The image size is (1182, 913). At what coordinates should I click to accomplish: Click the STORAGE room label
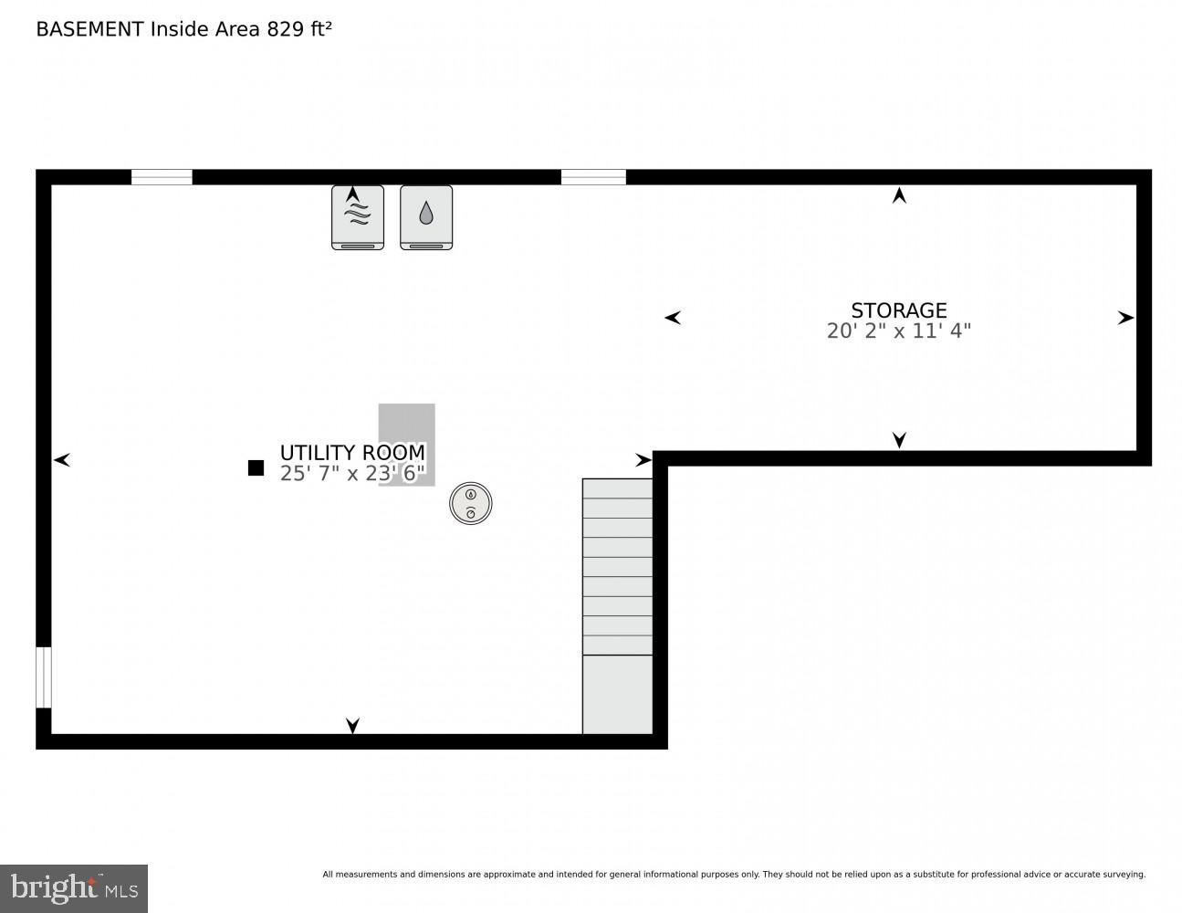tap(898, 310)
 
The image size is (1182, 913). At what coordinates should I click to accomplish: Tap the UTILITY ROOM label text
tap(352, 453)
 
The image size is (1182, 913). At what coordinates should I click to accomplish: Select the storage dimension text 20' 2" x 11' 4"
tap(898, 331)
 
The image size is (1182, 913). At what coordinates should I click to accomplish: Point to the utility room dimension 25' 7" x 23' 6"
tap(352, 474)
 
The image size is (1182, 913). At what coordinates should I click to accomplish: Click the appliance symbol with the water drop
tap(426, 217)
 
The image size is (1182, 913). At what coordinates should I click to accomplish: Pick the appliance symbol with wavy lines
tap(358, 217)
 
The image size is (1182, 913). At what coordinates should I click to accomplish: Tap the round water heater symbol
tap(471, 503)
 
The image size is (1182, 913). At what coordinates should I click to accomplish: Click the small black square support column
tap(256, 468)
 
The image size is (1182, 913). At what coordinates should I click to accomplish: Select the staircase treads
tap(618, 567)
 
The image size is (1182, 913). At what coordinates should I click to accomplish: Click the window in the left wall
tap(43, 677)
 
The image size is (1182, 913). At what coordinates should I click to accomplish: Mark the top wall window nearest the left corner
tap(162, 177)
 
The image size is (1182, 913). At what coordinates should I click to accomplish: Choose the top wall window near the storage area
tap(593, 177)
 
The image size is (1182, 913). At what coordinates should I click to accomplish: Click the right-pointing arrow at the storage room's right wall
tap(1125, 318)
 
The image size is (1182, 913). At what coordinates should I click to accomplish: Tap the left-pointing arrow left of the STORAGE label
tap(673, 318)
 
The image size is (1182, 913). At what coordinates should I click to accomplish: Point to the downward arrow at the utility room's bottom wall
tap(352, 726)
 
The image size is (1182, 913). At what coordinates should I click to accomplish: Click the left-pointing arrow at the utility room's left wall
tap(62, 460)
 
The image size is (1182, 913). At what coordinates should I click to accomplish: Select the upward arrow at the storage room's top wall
tap(899, 195)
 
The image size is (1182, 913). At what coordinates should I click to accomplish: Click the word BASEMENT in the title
tap(89, 29)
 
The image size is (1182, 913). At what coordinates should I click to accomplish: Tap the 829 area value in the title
tap(285, 29)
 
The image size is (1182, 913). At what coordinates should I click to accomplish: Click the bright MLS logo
tap(74, 888)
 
